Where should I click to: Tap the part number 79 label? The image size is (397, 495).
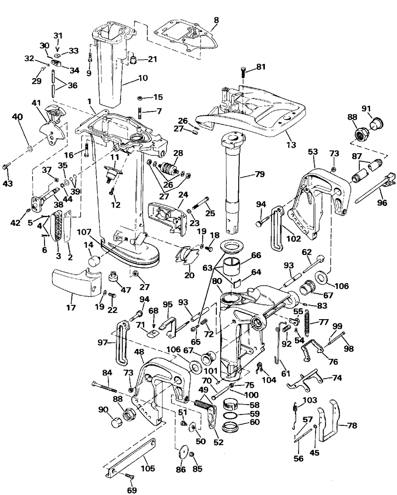pos(260,174)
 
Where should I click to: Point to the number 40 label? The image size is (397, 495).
pos(17,117)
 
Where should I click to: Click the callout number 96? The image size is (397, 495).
pos(382,203)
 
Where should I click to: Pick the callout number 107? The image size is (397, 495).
pos(84,232)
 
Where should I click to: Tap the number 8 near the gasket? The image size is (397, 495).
pos(216,20)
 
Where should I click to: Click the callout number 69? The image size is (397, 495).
pos(132,490)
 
